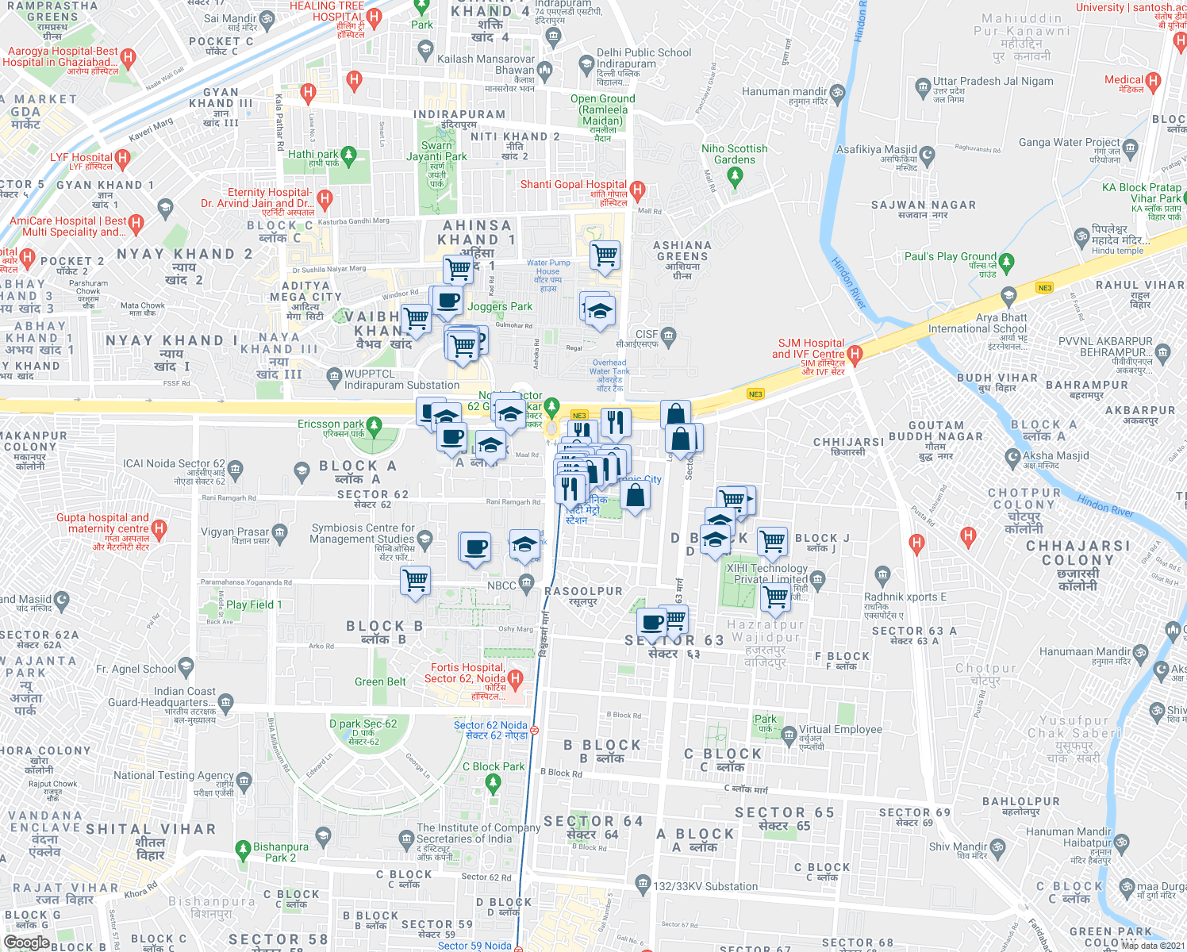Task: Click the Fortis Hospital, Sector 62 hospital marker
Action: click(x=515, y=678)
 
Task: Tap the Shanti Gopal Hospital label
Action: click(x=573, y=185)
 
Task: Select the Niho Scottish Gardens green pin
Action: click(x=735, y=177)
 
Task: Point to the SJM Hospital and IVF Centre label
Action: click(x=808, y=349)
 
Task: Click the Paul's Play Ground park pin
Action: click(x=1007, y=261)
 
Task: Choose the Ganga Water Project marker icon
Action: click(x=1131, y=148)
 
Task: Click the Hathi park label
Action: click(x=313, y=155)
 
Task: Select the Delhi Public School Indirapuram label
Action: click(x=643, y=58)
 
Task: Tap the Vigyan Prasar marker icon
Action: click(x=279, y=532)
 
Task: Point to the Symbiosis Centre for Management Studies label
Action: click(x=363, y=533)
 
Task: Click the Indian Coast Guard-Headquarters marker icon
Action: click(x=226, y=701)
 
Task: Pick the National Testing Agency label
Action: click(x=173, y=776)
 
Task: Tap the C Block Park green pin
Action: click(x=493, y=783)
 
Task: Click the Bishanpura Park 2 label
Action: click(x=280, y=852)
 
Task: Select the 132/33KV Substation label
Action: click(x=705, y=887)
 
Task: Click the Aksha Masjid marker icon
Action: click(x=1012, y=456)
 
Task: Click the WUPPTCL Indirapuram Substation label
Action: click(x=401, y=379)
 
